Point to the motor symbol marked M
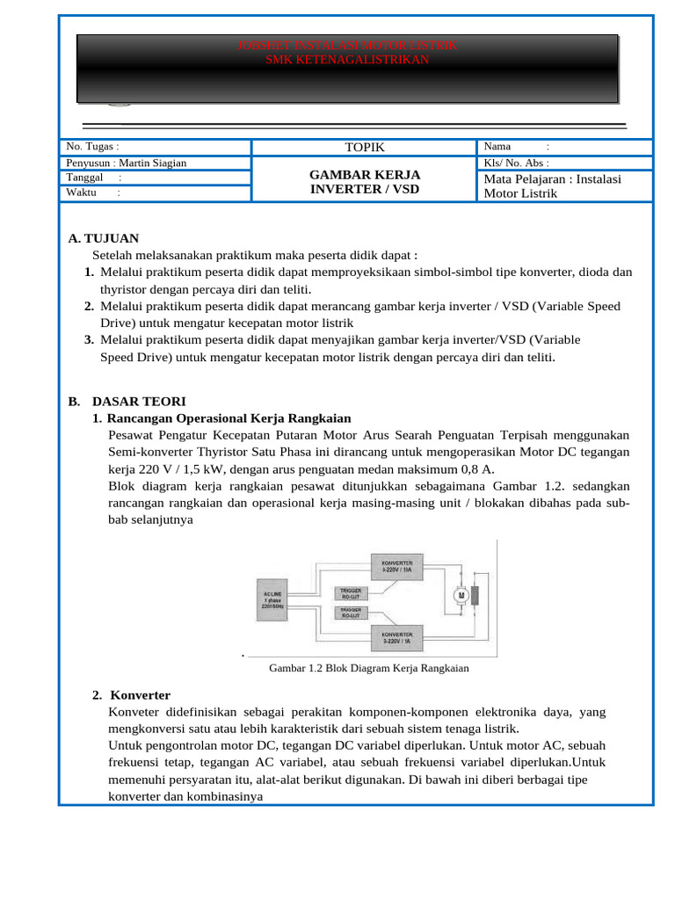tap(459, 595)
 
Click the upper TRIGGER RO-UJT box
tap(352, 594)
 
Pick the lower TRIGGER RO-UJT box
tap(352, 613)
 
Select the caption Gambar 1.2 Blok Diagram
tap(368, 668)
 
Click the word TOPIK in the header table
tap(365, 148)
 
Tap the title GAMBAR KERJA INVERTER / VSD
tap(365, 182)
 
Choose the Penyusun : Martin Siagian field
tap(127, 163)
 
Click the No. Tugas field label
tap(92, 147)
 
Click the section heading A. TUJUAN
tap(103, 238)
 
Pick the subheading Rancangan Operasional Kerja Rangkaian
tap(229, 417)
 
